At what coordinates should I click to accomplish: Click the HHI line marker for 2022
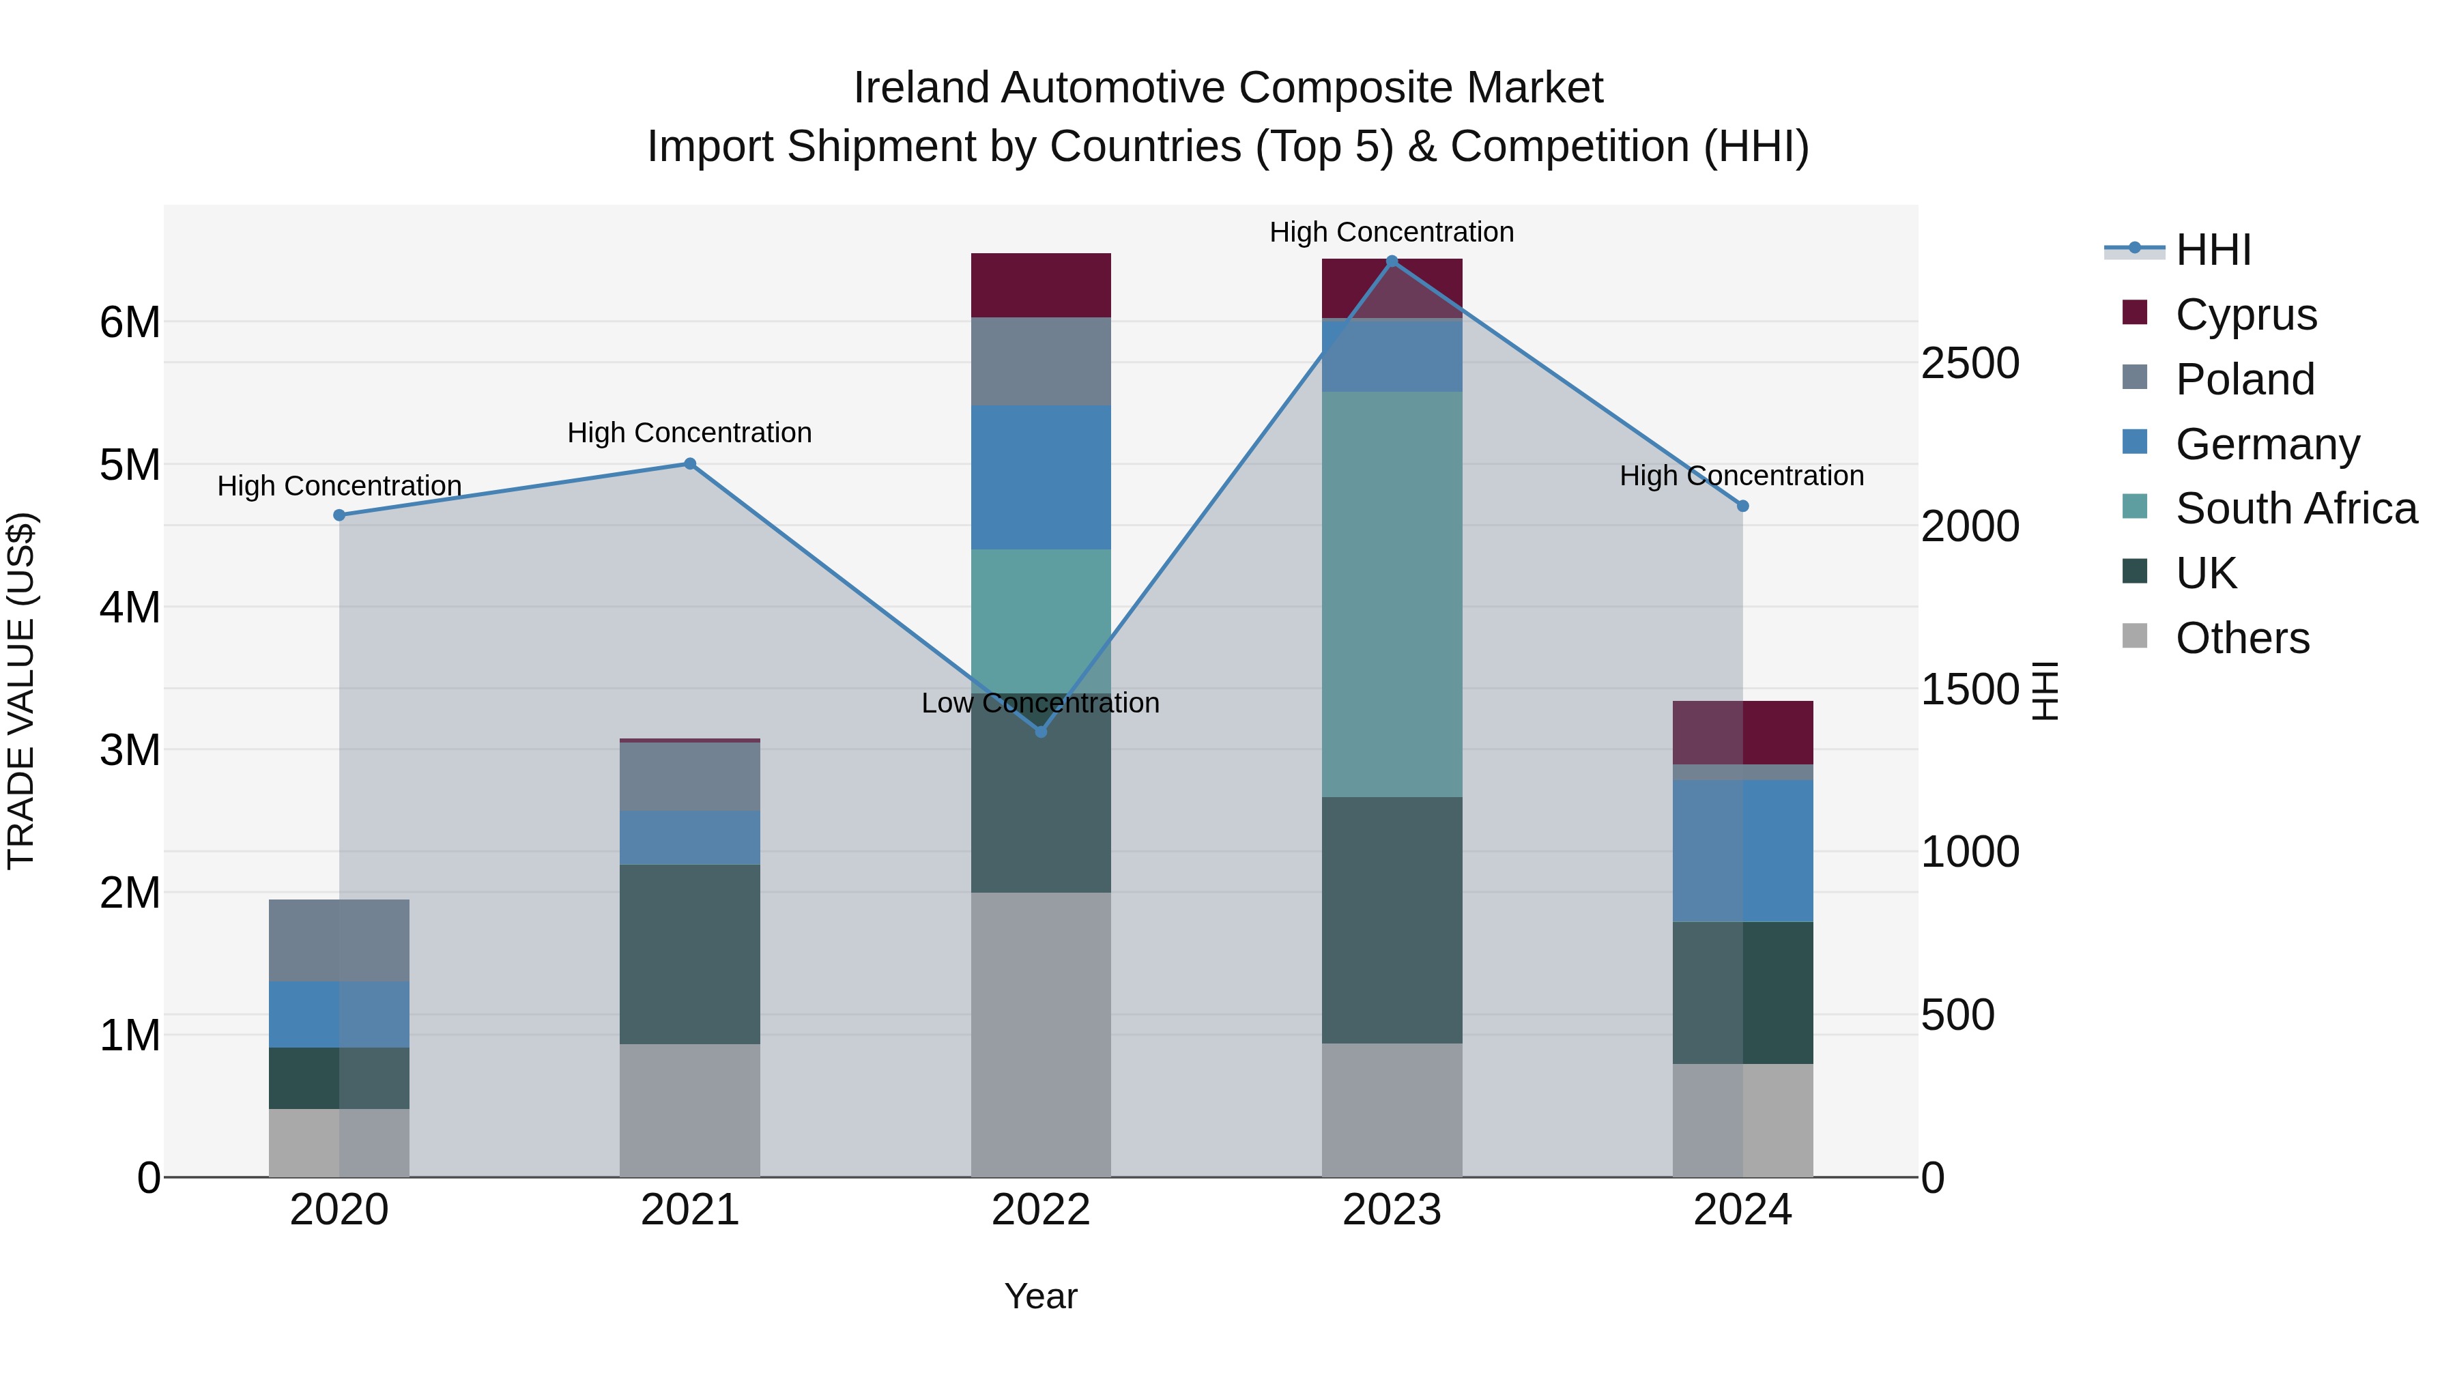pyautogui.click(x=1041, y=732)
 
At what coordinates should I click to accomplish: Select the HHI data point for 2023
pyautogui.click(x=1392, y=261)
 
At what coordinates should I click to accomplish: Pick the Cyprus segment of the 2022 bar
pyautogui.click(x=1041, y=285)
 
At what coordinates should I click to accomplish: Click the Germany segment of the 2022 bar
pyautogui.click(x=1041, y=477)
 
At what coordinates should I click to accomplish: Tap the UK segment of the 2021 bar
pyautogui.click(x=689, y=954)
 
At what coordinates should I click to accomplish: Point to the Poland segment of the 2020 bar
pyautogui.click(x=339, y=940)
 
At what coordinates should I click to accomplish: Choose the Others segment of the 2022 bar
pyautogui.click(x=1041, y=1034)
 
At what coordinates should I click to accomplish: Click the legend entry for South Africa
pyautogui.click(x=2295, y=508)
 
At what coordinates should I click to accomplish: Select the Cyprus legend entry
pyautogui.click(x=2245, y=315)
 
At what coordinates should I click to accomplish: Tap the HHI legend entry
pyautogui.click(x=2213, y=250)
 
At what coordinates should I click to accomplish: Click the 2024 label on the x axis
pyautogui.click(x=1742, y=1210)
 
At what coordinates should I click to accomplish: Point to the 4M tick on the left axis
pyautogui.click(x=130, y=607)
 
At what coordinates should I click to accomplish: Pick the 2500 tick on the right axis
pyautogui.click(x=1970, y=363)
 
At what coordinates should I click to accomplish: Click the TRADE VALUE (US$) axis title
pyautogui.click(x=21, y=691)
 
